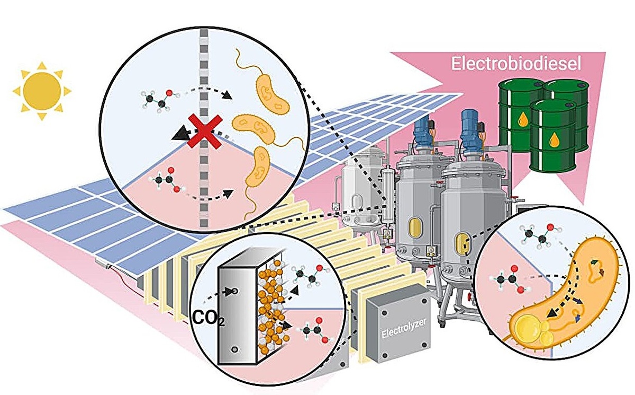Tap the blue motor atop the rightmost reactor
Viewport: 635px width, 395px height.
coord(470,124)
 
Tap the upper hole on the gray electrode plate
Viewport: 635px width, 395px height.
coord(231,291)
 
